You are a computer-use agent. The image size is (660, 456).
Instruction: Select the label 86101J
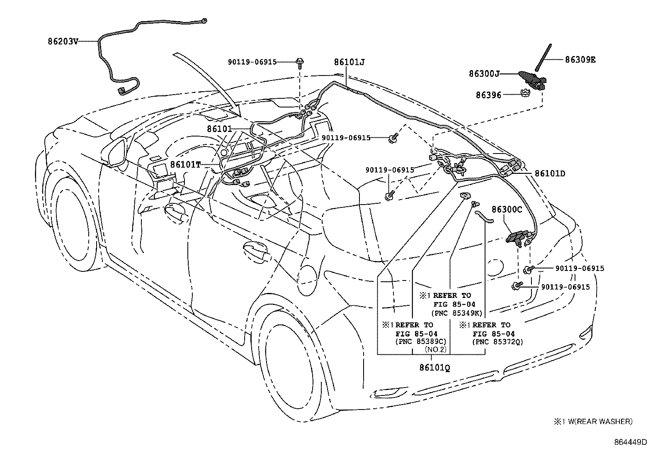(349, 62)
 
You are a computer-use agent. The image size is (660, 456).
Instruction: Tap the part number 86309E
(580, 59)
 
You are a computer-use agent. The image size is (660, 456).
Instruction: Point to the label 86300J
(483, 73)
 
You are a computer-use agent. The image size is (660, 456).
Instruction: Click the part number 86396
(488, 95)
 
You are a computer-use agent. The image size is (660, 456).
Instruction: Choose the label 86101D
(550, 173)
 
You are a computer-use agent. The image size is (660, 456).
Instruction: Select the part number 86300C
(507, 210)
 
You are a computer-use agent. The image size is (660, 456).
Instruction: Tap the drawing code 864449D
(630, 442)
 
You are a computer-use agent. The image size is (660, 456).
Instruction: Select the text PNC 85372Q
(497, 342)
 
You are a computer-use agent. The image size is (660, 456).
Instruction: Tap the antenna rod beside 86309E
(542, 58)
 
